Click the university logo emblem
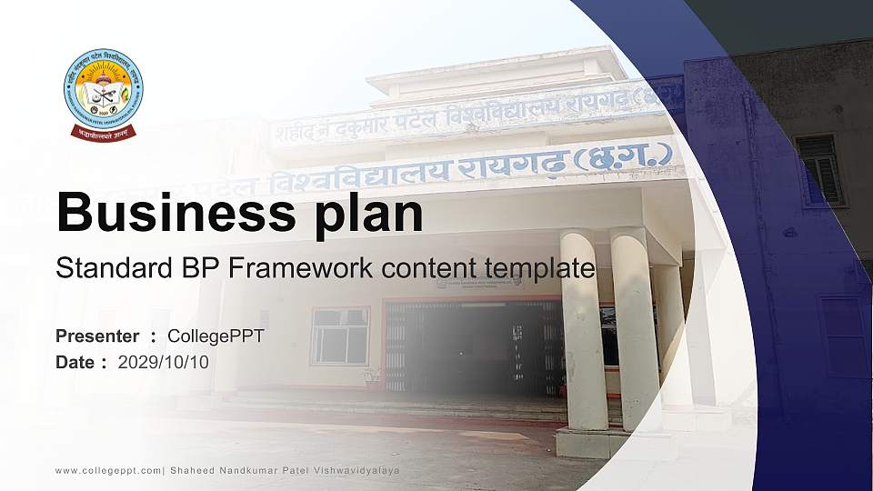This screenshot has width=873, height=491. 103,89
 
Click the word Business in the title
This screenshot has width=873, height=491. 168,213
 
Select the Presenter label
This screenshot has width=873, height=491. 97,336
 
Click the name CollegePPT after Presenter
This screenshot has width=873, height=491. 216,336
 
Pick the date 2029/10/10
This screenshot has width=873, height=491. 164,362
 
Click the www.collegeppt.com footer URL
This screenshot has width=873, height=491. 108,470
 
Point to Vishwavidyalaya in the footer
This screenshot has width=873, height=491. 356,470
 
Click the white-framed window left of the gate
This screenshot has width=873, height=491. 339,335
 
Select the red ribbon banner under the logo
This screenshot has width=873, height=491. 103,132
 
